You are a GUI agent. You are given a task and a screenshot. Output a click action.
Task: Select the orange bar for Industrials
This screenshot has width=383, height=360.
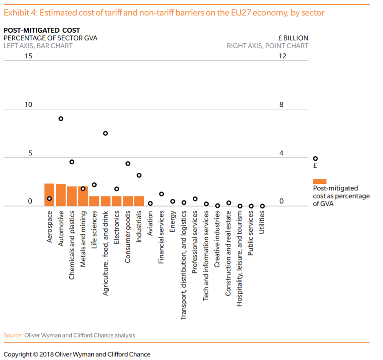click(x=139, y=201)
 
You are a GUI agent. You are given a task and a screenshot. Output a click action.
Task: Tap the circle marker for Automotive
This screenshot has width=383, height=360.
click(x=61, y=119)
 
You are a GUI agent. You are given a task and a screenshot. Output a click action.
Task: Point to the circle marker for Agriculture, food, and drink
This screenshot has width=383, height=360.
click(x=105, y=133)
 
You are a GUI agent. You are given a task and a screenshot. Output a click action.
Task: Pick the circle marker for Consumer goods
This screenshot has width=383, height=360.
click(x=128, y=163)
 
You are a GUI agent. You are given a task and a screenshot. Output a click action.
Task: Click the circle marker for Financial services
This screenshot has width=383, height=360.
click(x=161, y=194)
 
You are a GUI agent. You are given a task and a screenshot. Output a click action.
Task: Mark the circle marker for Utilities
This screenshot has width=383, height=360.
click(x=262, y=206)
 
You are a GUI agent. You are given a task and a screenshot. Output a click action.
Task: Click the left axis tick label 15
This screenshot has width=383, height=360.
click(x=28, y=56)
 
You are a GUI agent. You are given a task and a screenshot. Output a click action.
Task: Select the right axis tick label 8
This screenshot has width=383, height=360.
click(x=281, y=105)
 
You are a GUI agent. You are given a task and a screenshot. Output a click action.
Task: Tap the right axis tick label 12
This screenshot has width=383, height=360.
click(x=282, y=56)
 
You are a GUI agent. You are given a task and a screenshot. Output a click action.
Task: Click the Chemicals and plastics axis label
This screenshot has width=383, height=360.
click(x=72, y=245)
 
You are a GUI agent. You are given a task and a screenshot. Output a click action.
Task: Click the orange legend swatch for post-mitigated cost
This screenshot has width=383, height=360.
click(x=319, y=181)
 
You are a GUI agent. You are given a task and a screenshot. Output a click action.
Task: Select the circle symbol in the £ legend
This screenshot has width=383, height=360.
click(x=315, y=159)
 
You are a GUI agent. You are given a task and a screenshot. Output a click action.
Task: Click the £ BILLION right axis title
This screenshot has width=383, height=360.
click(x=293, y=38)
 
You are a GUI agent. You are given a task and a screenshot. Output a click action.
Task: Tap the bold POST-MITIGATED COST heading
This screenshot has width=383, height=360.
click(x=42, y=30)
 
